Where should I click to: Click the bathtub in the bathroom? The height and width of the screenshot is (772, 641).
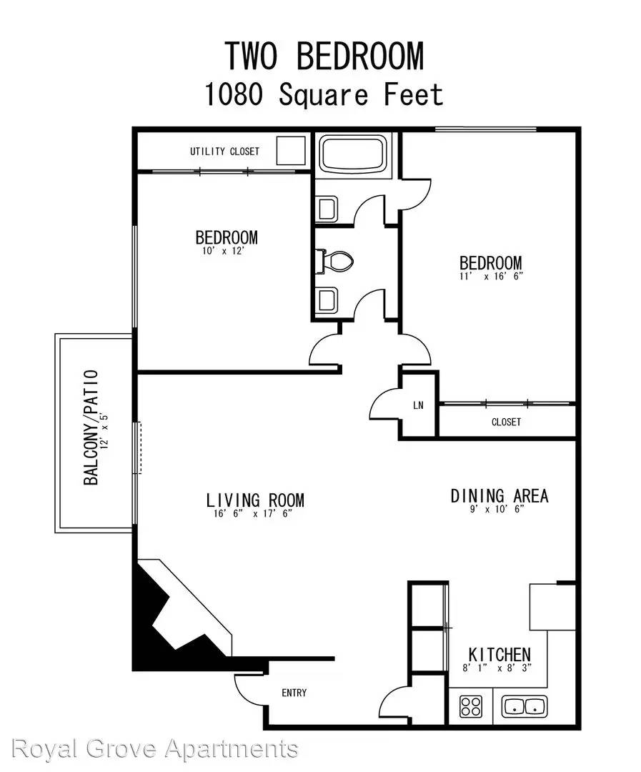tap(352, 153)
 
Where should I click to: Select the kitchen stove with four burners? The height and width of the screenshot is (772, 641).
tap(471, 706)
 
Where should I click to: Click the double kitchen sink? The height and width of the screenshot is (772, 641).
tap(525, 706)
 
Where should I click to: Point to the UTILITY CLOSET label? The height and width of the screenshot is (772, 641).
tap(224, 151)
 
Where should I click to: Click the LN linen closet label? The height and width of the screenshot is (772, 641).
tap(418, 405)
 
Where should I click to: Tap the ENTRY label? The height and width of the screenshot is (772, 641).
tap(294, 693)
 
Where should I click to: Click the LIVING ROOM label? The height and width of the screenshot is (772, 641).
tap(255, 500)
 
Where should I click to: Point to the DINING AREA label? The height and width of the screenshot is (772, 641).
tap(500, 496)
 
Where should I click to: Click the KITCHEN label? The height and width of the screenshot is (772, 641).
tap(500, 655)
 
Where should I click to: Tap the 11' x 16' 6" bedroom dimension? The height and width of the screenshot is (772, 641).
tap(490, 276)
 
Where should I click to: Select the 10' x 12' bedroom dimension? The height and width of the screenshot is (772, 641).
tap(224, 251)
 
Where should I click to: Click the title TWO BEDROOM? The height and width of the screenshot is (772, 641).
tap(324, 56)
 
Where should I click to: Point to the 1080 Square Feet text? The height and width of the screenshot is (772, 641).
tap(324, 94)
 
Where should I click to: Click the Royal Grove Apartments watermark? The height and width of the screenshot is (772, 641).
tap(154, 749)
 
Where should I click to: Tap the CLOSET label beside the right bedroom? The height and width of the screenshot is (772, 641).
tap(506, 422)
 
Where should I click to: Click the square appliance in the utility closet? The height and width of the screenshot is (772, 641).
tap(290, 150)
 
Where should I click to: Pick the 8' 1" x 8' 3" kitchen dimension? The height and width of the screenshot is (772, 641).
tap(497, 668)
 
